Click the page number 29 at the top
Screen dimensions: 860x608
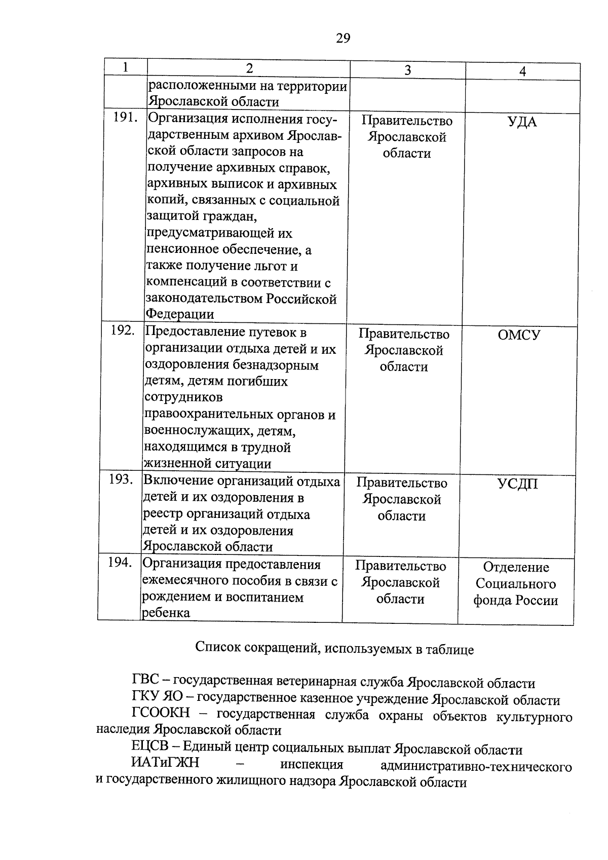pyautogui.click(x=343, y=39)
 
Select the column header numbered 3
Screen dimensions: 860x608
pyautogui.click(x=407, y=70)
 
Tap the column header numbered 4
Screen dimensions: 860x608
pyautogui.click(x=522, y=71)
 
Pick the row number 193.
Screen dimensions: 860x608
pyautogui.click(x=121, y=479)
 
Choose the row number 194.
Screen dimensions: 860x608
pyautogui.click(x=120, y=562)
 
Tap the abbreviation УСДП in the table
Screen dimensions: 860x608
pyautogui.click(x=517, y=484)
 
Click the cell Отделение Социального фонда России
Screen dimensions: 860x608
pyautogui.click(x=516, y=584)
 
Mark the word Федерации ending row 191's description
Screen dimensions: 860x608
pyautogui.click(x=180, y=314)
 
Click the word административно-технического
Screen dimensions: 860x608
pyautogui.click(x=476, y=766)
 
